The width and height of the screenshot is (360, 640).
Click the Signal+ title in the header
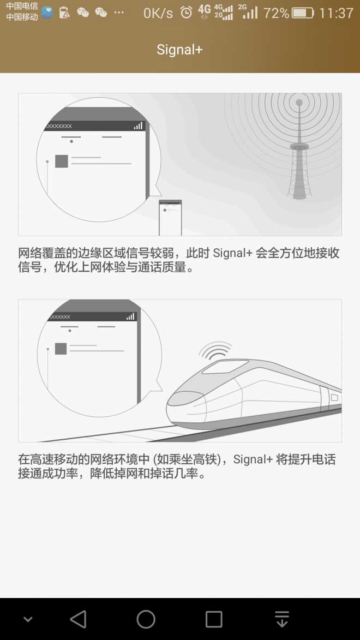coord(179,50)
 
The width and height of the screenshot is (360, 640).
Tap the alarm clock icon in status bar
coord(186,12)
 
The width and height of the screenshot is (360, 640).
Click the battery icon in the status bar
coord(303,13)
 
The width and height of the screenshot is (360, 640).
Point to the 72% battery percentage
coord(276,13)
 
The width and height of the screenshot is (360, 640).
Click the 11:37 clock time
coord(336,13)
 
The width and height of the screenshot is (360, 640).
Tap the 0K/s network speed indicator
coord(158,13)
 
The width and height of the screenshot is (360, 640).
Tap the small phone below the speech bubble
coord(170,218)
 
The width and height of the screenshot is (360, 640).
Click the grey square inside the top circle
coord(62,161)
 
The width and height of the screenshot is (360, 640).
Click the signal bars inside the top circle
coord(139,125)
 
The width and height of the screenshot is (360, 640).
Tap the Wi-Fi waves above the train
coord(215,350)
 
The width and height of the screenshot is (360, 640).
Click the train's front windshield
coord(185,398)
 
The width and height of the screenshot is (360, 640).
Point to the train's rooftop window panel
coord(225,367)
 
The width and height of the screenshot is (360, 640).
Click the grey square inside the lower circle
coord(61,349)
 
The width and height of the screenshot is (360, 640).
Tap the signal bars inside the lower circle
coord(130,316)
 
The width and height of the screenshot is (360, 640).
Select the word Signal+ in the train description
coord(253,459)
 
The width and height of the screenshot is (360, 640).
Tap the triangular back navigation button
coord(78,619)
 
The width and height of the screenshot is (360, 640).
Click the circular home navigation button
coord(146,619)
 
